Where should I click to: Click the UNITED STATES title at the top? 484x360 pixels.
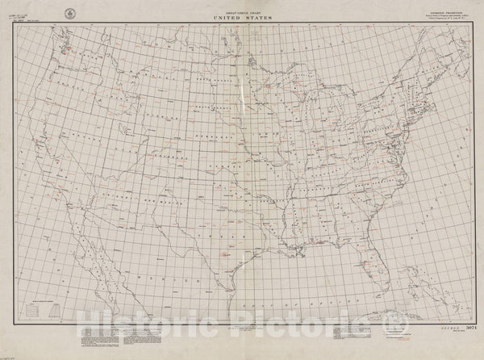[x=242, y=16]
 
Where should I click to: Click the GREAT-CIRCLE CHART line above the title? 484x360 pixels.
[x=242, y=10]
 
